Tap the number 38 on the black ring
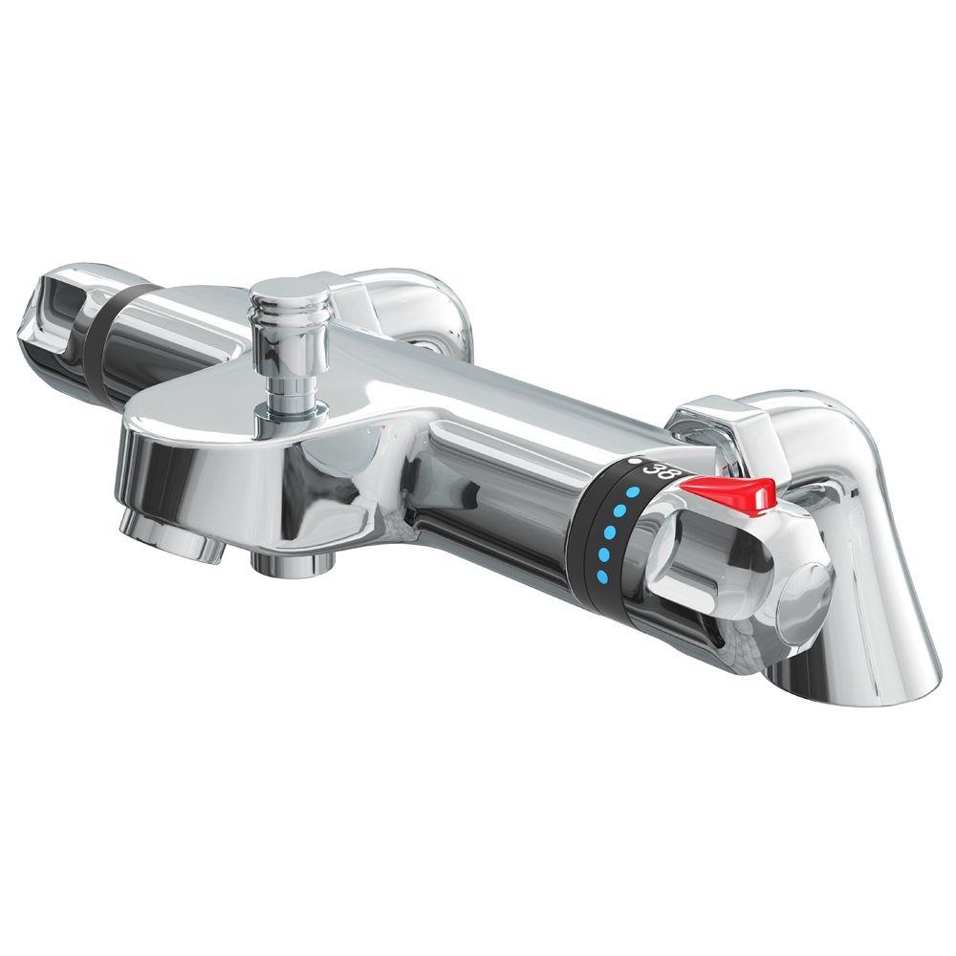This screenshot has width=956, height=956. pos(660,470)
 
